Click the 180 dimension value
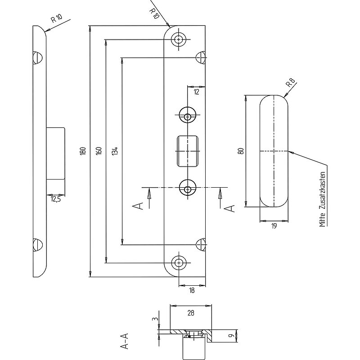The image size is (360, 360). click(x=83, y=151)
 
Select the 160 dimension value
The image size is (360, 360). click(x=99, y=151)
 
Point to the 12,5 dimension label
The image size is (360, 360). click(x=55, y=199)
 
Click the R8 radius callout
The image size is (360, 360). click(x=290, y=83)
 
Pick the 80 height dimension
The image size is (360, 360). click(x=241, y=151)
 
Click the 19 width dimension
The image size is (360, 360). click(x=274, y=226)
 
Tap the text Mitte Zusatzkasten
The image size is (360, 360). click(x=323, y=199)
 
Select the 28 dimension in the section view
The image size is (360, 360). click(x=191, y=313)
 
